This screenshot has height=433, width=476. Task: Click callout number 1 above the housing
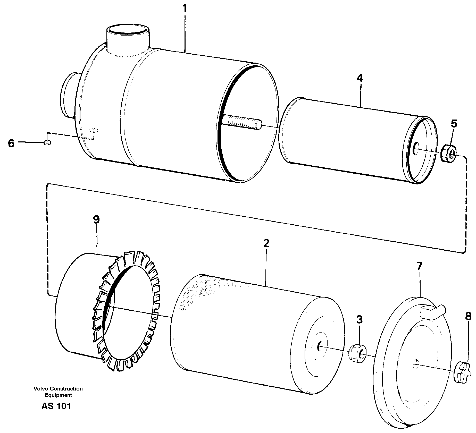[x=185, y=9]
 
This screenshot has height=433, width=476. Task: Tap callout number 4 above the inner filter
[x=360, y=78]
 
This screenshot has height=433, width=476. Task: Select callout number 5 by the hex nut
[x=454, y=124]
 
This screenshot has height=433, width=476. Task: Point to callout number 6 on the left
[x=11, y=143]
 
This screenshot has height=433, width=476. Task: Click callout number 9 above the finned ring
[x=96, y=220]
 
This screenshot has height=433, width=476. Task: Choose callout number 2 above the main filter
[x=266, y=243]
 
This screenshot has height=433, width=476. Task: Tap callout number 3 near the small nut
[x=359, y=320]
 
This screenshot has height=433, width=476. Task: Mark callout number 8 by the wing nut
[x=468, y=316]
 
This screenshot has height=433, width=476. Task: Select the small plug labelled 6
[x=47, y=142]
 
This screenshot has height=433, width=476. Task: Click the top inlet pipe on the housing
[x=128, y=39]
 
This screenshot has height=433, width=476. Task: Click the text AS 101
[x=56, y=406]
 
